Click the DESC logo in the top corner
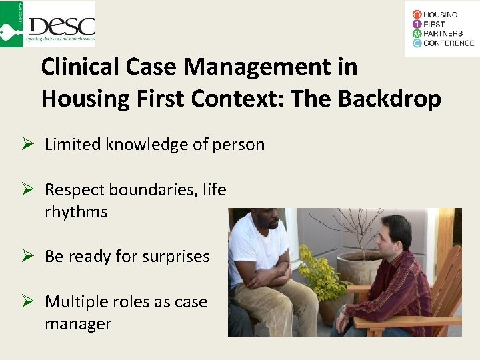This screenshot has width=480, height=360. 48,24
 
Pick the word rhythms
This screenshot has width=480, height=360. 75,212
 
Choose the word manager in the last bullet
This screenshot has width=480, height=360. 77,324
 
